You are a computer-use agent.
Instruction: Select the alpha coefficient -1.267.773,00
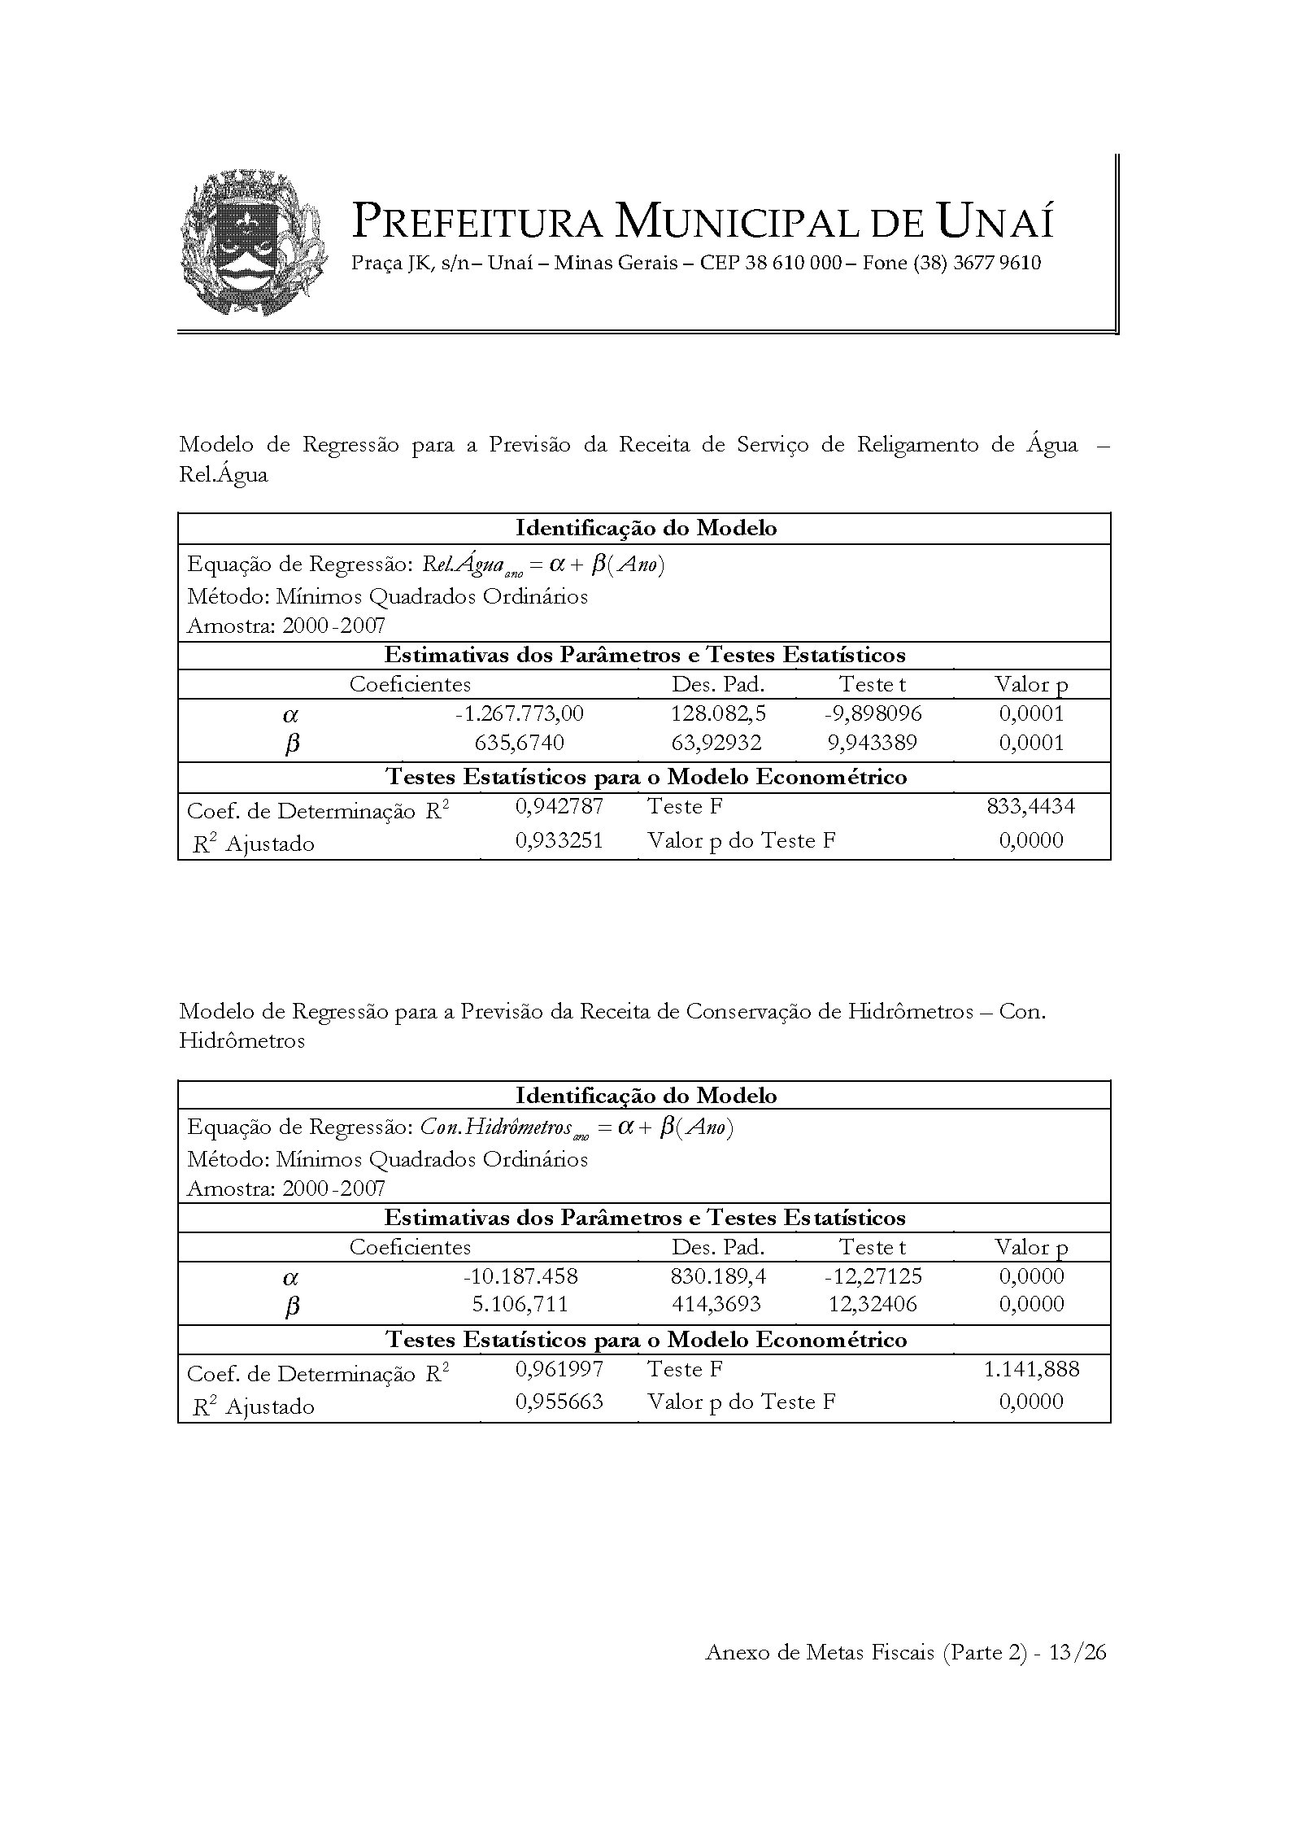pos(519,713)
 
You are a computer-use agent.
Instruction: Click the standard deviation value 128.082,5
pos(718,713)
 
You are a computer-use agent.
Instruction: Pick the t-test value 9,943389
pos(873,743)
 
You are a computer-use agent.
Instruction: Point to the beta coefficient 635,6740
pos(519,743)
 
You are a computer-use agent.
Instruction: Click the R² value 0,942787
pos(559,807)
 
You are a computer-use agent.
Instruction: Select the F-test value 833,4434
pos(1030,806)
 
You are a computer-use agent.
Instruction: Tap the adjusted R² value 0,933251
pos(559,840)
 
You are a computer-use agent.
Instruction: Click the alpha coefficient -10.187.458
pos(520,1276)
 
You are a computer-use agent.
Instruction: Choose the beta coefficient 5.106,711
pos(520,1305)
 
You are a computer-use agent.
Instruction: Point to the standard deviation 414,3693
pos(716,1305)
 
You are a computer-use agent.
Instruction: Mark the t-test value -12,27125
pos(873,1276)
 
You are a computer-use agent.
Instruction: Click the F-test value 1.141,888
pos(1031,1369)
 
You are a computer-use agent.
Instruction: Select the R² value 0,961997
pos(559,1369)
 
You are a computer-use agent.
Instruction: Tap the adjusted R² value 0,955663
pos(559,1402)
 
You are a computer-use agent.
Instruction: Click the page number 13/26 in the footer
pos(1077,1652)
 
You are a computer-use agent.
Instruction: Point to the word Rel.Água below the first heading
pos(223,474)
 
